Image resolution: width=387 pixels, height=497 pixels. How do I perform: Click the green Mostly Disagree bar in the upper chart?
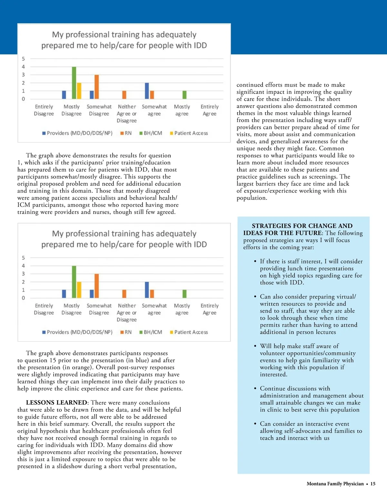[74, 83]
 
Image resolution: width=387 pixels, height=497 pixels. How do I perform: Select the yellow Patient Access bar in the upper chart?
[79, 91]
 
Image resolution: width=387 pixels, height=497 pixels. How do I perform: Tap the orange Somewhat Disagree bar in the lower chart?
[96, 286]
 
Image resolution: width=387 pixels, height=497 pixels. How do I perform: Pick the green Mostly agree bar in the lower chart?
[184, 294]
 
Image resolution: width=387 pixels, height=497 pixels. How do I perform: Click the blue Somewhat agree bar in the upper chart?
[147, 91]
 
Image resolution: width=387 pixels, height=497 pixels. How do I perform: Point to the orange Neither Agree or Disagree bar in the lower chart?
[124, 294]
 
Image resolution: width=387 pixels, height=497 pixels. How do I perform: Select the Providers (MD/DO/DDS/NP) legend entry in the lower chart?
[77, 332]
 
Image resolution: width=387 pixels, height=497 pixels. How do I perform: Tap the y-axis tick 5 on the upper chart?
[23, 59]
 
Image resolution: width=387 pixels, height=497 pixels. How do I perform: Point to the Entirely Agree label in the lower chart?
[209, 309]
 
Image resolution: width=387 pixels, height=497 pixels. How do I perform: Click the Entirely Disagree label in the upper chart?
[44, 110]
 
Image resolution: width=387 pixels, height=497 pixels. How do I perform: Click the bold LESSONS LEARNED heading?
[56, 403]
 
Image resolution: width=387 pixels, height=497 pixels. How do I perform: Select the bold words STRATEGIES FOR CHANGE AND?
[302, 226]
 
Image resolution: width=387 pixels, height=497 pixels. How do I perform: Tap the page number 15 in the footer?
[373, 484]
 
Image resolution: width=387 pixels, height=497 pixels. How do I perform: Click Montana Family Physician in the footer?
[335, 484]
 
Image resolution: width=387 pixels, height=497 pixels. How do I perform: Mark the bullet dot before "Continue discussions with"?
[255, 389]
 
